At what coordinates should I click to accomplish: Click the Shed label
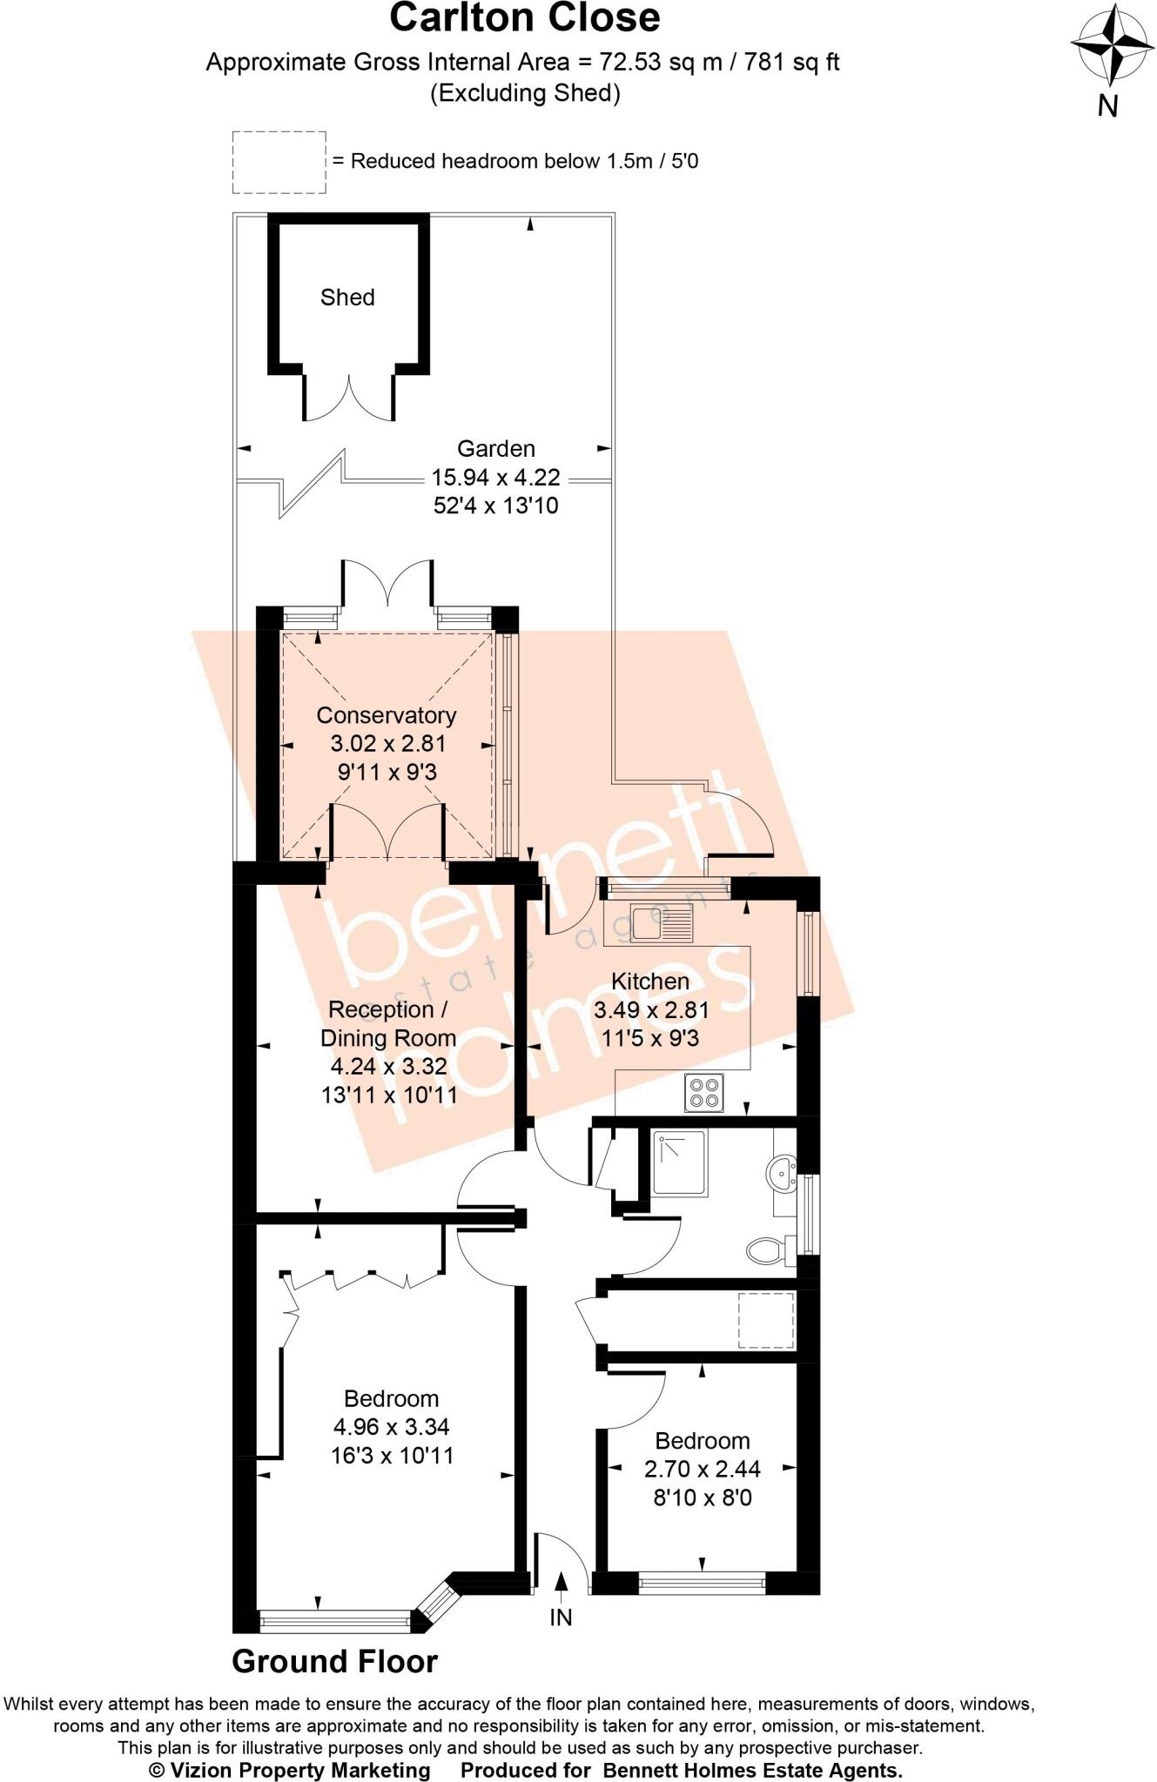tap(347, 298)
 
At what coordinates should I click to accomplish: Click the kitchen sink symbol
tap(663, 923)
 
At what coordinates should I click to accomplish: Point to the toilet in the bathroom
tap(765, 1251)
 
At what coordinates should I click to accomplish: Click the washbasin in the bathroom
tap(784, 1176)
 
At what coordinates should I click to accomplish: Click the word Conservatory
tap(386, 715)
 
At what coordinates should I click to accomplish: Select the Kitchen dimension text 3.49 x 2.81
tap(650, 1010)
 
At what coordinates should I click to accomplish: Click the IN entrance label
tap(562, 1618)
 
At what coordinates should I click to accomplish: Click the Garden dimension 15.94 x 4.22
tap(495, 478)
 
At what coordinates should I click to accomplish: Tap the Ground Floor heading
tap(334, 1662)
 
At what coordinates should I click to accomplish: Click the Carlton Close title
tap(524, 18)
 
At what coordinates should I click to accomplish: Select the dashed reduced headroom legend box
tap(279, 162)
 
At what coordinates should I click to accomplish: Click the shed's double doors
tap(349, 398)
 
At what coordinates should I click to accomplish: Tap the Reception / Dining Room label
tap(388, 1023)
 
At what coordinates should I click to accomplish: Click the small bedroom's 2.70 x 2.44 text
tap(702, 1469)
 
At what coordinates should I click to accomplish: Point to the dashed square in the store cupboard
tap(766, 1320)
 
